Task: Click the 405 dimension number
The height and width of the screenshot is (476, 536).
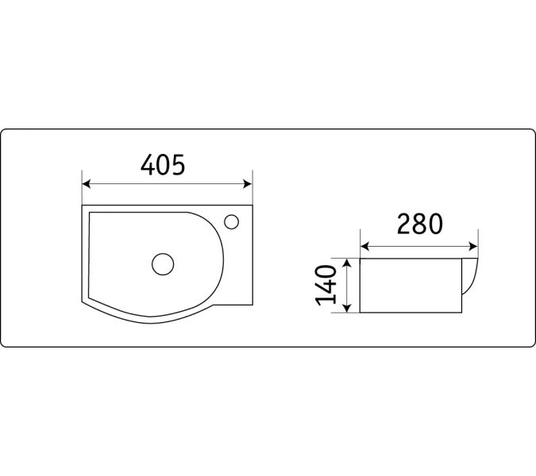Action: [163, 164]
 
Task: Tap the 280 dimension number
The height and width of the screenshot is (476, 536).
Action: [420, 224]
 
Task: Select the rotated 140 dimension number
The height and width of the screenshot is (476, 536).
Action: [326, 285]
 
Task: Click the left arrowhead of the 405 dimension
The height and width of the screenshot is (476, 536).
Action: [86, 184]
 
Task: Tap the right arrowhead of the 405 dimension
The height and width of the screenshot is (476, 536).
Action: [248, 184]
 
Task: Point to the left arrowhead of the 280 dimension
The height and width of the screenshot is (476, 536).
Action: [364, 246]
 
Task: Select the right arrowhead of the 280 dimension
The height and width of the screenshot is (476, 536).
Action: [473, 246]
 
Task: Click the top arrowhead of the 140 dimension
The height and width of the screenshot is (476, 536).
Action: [347, 263]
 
